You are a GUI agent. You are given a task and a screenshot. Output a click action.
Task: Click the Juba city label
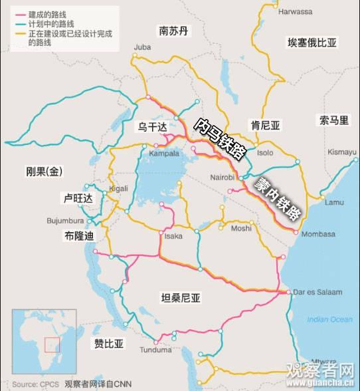point(143,47)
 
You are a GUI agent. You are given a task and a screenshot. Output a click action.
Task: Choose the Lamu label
point(334,202)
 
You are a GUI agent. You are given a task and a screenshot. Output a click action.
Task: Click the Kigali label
point(118,188)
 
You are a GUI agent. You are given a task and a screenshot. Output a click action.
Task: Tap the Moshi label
point(241,228)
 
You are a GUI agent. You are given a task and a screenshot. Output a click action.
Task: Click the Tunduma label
point(156,349)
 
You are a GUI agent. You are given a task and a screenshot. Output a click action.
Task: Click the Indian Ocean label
point(330,319)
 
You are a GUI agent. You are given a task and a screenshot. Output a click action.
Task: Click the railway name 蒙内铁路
point(272,197)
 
